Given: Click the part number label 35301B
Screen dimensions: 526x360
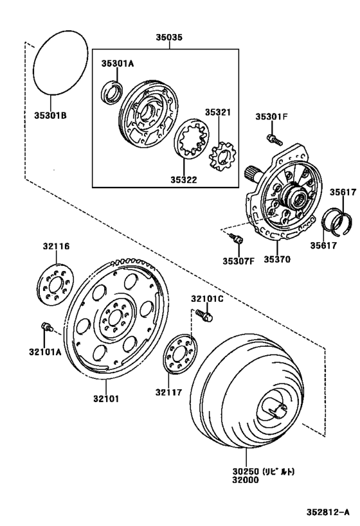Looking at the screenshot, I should click(x=50, y=116).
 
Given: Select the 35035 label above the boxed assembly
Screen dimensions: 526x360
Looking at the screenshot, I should click(x=168, y=38).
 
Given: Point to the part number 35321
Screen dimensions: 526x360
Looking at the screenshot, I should click(x=217, y=112).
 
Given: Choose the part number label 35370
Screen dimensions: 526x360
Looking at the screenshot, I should click(x=275, y=260).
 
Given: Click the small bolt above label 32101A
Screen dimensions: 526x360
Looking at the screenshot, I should click(x=46, y=327).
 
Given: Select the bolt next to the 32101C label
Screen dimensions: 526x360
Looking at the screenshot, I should click(x=206, y=314).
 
